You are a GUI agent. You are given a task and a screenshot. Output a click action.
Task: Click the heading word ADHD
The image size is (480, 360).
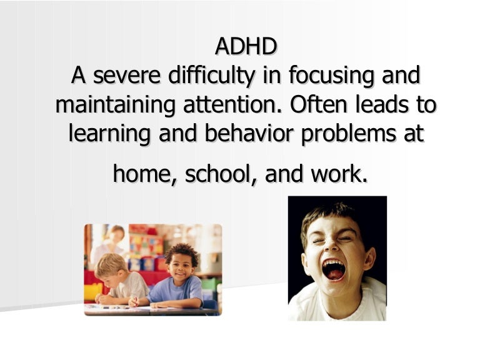coord(246,47)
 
